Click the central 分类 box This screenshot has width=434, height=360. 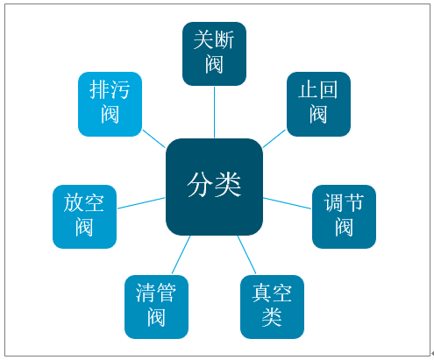(x=214, y=187)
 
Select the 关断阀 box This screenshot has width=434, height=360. (x=214, y=53)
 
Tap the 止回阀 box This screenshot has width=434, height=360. (x=318, y=104)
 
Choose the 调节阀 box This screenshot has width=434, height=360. (x=344, y=216)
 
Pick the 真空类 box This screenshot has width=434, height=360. (x=272, y=307)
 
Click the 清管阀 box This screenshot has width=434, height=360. (x=156, y=307)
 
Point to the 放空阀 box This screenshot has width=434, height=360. (x=84, y=216)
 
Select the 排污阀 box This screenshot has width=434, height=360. (x=110, y=104)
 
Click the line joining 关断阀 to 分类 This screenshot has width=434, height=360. (x=214, y=112)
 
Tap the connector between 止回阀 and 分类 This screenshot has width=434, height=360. (x=274, y=138)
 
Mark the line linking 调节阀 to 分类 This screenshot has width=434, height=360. (x=288, y=203)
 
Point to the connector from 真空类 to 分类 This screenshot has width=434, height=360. (x=246, y=255)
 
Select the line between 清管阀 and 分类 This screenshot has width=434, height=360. (x=181, y=255)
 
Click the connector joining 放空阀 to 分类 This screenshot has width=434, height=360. (x=141, y=203)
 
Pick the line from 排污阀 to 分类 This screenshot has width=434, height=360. (x=154, y=138)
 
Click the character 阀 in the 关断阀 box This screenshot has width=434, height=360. (x=214, y=64)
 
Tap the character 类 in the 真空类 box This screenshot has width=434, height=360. (x=272, y=317)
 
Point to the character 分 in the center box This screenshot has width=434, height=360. (x=200, y=185)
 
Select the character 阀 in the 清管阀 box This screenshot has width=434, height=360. (x=156, y=317)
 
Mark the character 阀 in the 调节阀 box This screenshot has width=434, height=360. (x=344, y=227)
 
